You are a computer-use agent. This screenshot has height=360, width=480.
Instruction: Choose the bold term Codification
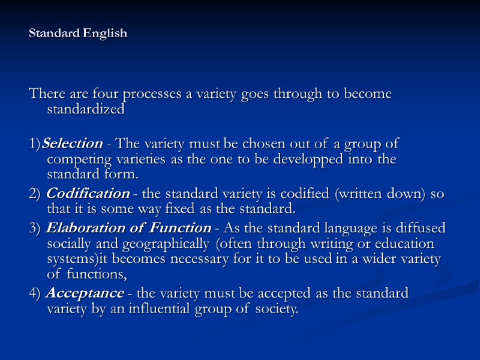click(88, 194)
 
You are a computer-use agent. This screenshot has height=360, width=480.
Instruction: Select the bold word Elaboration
click(82, 228)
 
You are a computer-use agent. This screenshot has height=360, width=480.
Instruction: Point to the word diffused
click(423, 228)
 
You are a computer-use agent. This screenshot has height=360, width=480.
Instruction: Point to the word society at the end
click(277, 309)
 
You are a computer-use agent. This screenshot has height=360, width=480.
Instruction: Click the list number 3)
click(35, 228)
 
